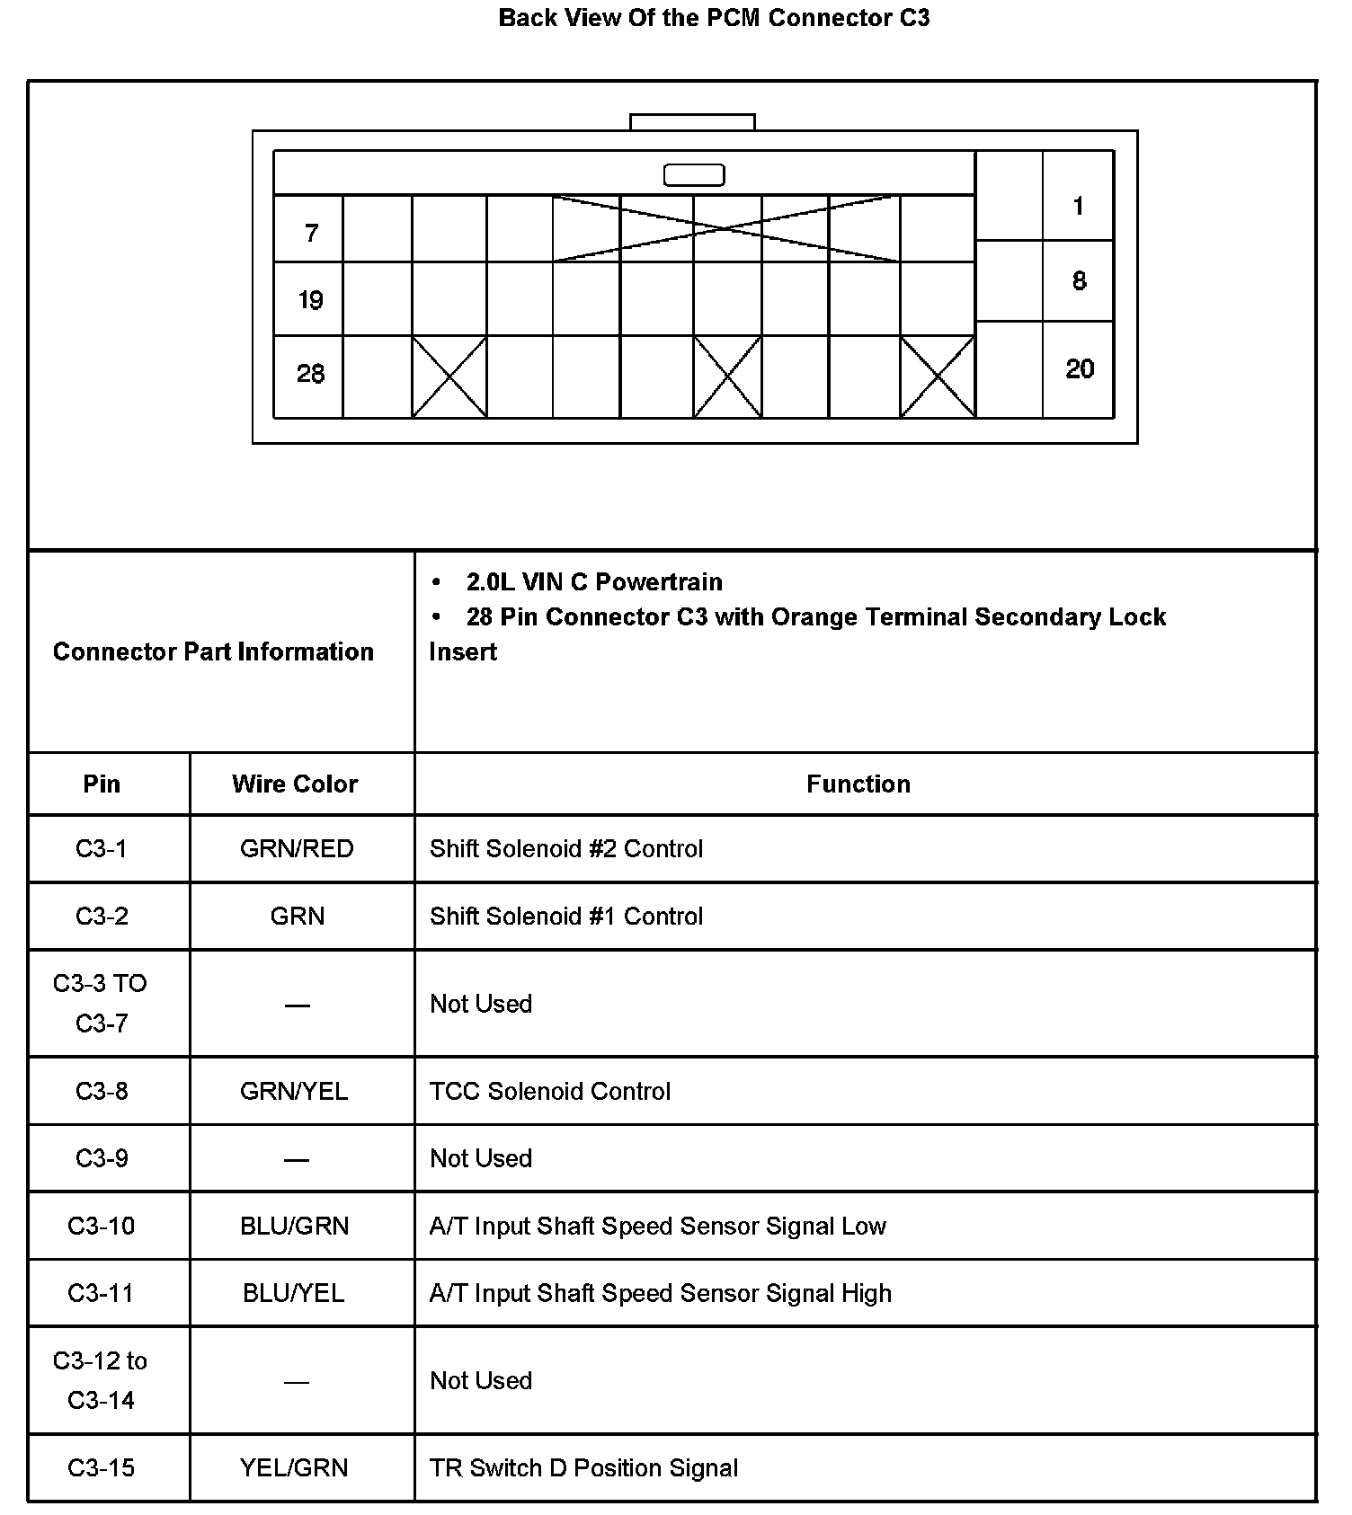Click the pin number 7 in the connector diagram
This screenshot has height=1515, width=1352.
(311, 234)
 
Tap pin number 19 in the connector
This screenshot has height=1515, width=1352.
(310, 300)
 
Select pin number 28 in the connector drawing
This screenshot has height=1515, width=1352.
(310, 374)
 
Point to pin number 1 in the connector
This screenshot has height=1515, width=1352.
(1079, 207)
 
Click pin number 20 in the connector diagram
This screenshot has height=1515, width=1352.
(1080, 369)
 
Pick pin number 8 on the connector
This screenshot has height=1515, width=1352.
(1080, 281)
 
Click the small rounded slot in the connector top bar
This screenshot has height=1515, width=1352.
(693, 174)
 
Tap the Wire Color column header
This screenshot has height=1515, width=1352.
(295, 784)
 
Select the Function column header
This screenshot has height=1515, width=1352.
(858, 784)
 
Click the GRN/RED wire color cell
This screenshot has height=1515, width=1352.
(297, 849)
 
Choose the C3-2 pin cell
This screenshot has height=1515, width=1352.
(102, 917)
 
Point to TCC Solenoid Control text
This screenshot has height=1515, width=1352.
(550, 1092)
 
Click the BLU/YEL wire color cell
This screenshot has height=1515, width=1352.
(294, 1294)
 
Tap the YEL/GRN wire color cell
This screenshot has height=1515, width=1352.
(294, 1468)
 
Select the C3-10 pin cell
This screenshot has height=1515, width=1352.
(102, 1227)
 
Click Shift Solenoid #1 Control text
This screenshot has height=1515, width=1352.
(566, 917)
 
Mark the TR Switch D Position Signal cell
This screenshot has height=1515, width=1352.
(583, 1468)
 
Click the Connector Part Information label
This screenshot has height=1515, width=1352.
(213, 652)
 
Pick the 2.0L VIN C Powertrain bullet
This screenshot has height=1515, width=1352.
(594, 582)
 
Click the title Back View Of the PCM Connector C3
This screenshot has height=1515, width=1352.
(714, 18)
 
